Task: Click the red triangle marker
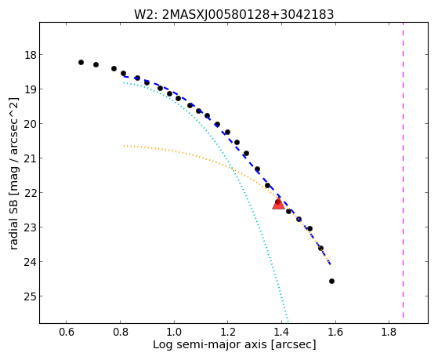tap(278, 204)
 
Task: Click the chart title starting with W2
tap(233, 15)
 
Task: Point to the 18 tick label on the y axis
tap(31, 55)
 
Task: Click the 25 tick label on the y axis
tap(31, 296)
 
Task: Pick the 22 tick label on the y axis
tap(31, 193)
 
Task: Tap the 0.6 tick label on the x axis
tap(67, 332)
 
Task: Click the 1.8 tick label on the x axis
tap(389, 332)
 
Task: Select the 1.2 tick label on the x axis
tap(228, 332)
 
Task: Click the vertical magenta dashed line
tap(403, 170)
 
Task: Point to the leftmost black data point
tap(81, 63)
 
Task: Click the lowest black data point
tap(331, 281)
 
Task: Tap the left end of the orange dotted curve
tap(124, 146)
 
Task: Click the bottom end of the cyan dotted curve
tap(288, 322)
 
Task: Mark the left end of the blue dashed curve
tap(125, 76)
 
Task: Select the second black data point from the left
tap(96, 64)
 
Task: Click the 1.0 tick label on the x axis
tap(174, 332)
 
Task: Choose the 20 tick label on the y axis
tap(31, 124)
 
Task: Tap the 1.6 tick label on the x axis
tap(335, 332)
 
